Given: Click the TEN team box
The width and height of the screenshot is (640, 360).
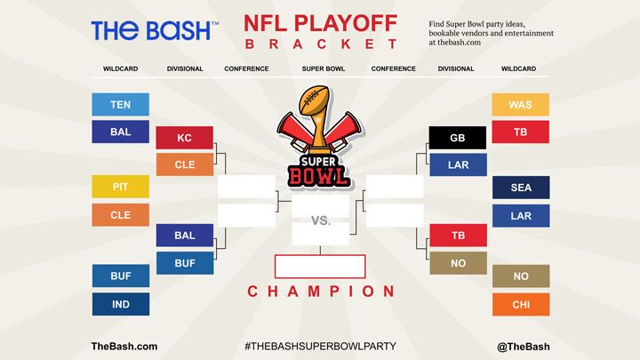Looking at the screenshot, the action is click(x=120, y=105).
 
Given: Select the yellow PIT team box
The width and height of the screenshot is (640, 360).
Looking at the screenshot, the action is click(x=120, y=187).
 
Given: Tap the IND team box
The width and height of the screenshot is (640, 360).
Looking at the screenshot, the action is click(x=121, y=304).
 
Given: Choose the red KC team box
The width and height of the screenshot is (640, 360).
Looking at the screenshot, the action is click(x=185, y=138).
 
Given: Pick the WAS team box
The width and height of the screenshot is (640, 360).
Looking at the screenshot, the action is click(x=520, y=105).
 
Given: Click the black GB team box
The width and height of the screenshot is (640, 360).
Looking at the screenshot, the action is click(x=458, y=138).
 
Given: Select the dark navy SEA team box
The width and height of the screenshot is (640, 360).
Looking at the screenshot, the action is click(x=521, y=188).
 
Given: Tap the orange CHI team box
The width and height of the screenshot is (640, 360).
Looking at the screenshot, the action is click(x=521, y=305).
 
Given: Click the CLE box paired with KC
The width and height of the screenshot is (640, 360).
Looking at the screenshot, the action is click(x=185, y=164).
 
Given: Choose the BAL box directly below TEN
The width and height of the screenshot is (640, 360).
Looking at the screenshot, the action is click(x=120, y=132).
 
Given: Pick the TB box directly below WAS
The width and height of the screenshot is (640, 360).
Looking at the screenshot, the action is click(x=520, y=132).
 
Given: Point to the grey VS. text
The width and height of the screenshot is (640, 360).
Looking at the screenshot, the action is click(x=321, y=220).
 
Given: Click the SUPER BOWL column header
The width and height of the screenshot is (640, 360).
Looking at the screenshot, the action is click(x=324, y=68).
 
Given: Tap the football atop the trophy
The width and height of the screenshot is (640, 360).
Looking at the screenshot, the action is click(x=315, y=99).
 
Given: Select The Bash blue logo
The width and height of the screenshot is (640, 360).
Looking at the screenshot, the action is click(x=155, y=31).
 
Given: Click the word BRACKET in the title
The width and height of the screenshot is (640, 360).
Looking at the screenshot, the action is click(x=321, y=44).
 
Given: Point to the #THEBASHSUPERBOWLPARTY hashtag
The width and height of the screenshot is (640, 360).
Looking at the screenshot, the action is click(x=320, y=346).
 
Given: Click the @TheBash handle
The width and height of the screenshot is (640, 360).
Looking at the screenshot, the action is click(x=524, y=347).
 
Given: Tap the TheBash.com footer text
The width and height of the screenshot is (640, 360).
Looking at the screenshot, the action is click(x=124, y=346).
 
